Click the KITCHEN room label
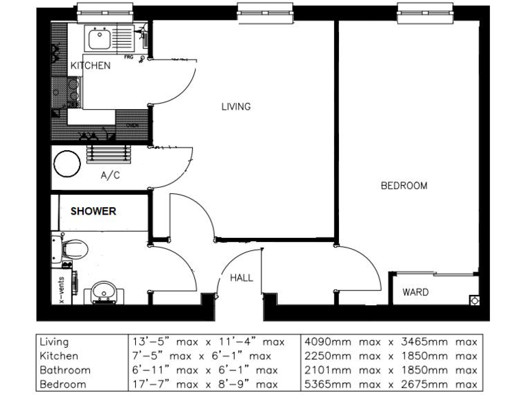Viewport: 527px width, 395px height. coord(90,66)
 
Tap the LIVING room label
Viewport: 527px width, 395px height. coord(235,106)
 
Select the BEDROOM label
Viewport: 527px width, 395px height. coord(403,185)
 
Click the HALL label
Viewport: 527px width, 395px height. coord(242,278)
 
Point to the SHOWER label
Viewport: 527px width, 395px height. coord(93,211)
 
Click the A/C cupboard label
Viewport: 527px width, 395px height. coord(110,176)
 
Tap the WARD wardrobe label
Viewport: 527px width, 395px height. coord(415,292)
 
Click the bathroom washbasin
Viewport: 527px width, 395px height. coord(104,291)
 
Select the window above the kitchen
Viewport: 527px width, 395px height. coord(104,10)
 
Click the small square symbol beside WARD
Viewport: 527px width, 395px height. coord(473,300)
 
